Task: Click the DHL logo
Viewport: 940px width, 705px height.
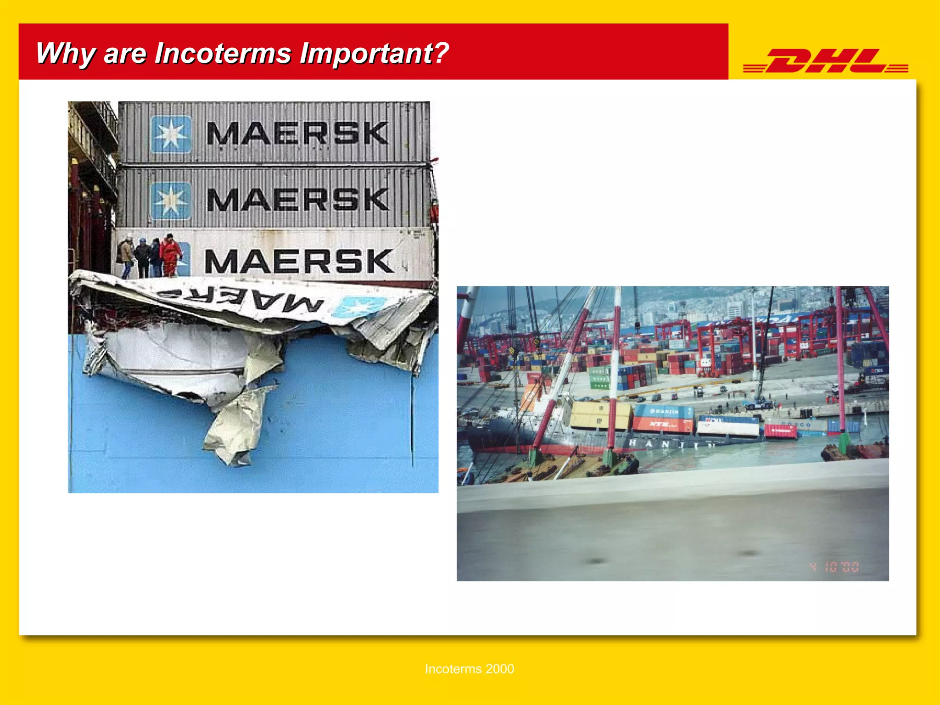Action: click(825, 61)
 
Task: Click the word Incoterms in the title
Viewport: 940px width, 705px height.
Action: click(223, 53)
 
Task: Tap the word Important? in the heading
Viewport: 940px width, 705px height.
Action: click(374, 53)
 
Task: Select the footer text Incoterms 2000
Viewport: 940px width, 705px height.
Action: click(469, 669)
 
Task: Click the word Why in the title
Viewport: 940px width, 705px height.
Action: click(65, 53)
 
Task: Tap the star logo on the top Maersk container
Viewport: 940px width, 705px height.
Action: click(171, 134)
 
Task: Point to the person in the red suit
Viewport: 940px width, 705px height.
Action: click(170, 255)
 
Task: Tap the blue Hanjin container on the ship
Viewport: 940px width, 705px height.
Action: click(664, 412)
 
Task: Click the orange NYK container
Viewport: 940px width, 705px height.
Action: click(662, 425)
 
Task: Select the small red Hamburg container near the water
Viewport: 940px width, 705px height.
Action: click(780, 431)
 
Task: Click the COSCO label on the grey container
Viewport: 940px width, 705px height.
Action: click(796, 425)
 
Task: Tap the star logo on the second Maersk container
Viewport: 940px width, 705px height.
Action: click(171, 200)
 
